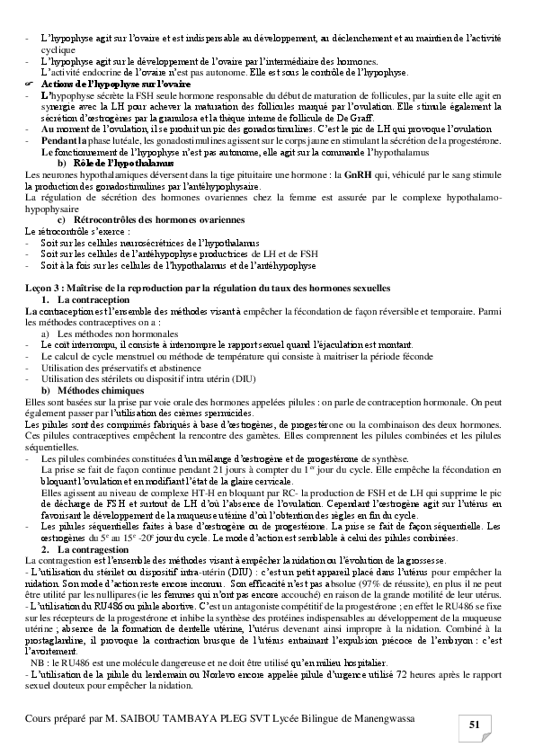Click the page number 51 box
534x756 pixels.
click(476, 725)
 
